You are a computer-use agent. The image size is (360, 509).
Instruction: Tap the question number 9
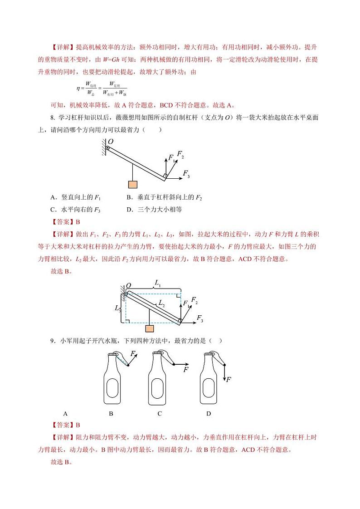(x=53, y=340)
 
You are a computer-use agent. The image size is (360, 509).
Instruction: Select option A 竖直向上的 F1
(x=75, y=197)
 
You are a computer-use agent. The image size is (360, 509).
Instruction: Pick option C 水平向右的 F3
(x=75, y=209)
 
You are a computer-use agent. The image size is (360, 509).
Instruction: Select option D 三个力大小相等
(x=154, y=209)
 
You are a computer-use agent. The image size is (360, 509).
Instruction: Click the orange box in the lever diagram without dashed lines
(x=132, y=184)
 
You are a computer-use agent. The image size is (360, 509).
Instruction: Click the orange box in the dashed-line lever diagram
(x=148, y=328)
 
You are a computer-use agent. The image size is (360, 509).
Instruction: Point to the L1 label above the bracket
(x=157, y=282)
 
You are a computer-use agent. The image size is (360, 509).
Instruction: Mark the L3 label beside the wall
(x=118, y=308)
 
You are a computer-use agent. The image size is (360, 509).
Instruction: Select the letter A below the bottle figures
(x=65, y=413)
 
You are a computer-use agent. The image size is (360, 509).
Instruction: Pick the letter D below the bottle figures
(x=209, y=413)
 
